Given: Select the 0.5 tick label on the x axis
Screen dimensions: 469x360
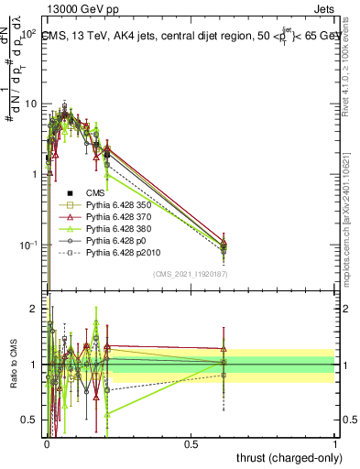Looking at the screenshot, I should (191, 442).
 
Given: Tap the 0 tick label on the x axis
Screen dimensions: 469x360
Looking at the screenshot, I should (47, 442).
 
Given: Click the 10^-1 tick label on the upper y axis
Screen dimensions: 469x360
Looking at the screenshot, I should (26, 245).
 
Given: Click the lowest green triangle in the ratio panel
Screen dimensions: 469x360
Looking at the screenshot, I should (108, 414).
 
